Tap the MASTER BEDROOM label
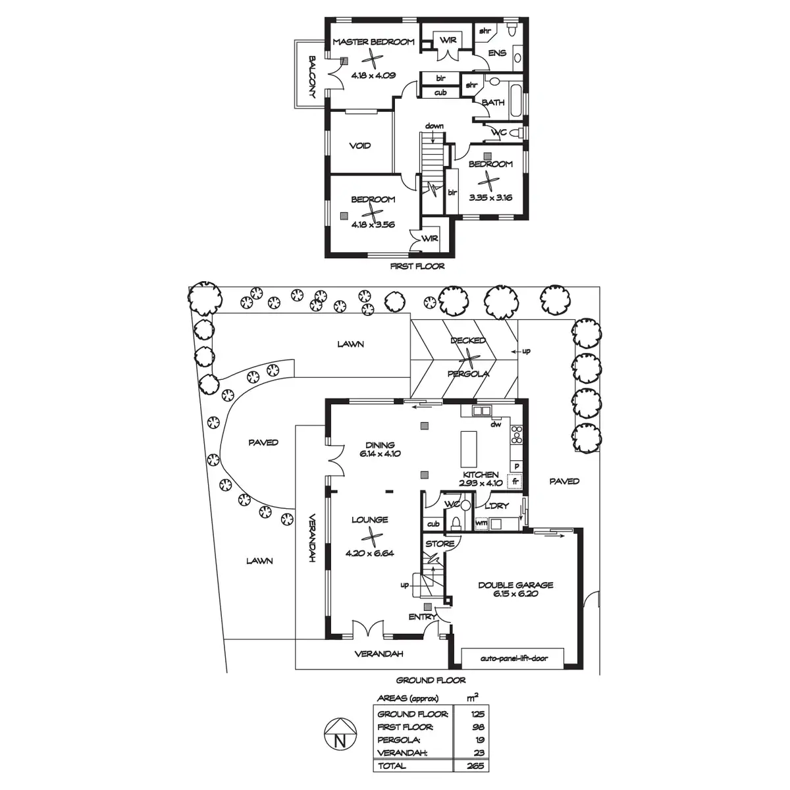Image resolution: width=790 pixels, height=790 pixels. coord(373,42)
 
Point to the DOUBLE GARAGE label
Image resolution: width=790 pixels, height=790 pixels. coord(515,585)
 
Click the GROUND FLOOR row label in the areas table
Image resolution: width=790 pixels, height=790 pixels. coord(413,714)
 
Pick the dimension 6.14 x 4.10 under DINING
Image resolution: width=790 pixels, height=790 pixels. coord(380,454)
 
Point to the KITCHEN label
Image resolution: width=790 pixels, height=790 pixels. coord(480,474)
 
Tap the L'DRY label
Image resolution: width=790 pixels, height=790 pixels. coord(496,506)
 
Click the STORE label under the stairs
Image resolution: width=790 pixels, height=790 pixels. coord(440,544)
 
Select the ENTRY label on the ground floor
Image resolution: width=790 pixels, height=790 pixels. coord(422,617)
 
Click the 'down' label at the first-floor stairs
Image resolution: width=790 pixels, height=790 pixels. coord(434,125)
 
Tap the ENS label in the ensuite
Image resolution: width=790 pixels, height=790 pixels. coord(498,53)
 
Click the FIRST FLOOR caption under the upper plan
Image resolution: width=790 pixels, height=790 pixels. coord(417,267)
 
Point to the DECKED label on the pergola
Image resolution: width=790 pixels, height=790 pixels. coord(468,340)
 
